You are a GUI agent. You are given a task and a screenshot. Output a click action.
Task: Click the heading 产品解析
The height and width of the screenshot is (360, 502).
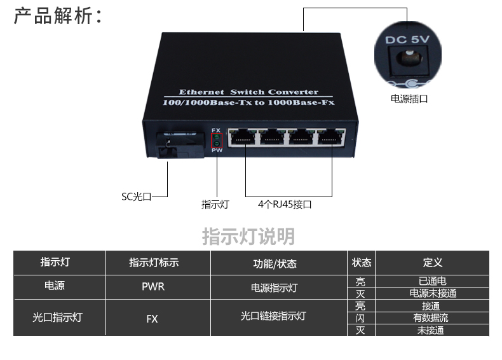click(x=57, y=15)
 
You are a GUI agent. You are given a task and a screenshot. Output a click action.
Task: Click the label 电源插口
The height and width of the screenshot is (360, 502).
click(x=409, y=99)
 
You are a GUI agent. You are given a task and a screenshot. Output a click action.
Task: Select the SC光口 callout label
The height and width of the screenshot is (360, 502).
click(x=137, y=197)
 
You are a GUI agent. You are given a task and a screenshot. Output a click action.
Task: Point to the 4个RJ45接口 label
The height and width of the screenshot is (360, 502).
click(x=285, y=204)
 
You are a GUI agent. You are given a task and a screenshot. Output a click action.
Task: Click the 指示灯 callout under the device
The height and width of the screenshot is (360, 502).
click(x=215, y=204)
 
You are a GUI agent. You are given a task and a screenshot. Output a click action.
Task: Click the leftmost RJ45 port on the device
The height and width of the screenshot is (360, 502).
click(x=242, y=137)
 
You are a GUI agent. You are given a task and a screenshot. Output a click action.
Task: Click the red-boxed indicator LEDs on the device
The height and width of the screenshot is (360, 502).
click(x=216, y=139)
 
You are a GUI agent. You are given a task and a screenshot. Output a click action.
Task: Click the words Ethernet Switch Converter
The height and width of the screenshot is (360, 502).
click(x=248, y=92)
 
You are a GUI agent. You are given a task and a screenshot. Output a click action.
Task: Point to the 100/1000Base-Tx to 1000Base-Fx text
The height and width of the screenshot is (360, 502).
click(x=248, y=102)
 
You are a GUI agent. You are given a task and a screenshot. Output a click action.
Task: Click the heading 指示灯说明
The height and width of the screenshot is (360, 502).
click(x=248, y=236)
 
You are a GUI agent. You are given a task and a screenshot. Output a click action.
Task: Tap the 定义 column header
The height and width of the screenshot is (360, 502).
click(x=433, y=263)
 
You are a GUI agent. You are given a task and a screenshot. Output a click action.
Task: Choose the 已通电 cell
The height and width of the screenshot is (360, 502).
click(x=433, y=280)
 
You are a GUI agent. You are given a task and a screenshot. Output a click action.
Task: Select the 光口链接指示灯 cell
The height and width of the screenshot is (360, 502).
click(x=274, y=315)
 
